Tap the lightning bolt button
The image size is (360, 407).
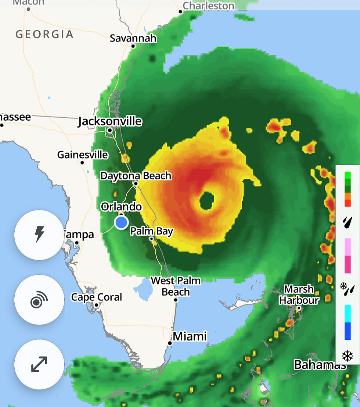click(x=39, y=235)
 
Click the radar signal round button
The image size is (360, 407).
click(x=39, y=300)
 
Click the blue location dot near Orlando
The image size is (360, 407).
click(x=121, y=222)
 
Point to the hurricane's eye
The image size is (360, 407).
click(x=207, y=201)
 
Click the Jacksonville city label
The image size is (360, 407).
click(x=110, y=121)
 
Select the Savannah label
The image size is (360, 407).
click(x=133, y=38)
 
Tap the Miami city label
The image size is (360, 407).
click(x=190, y=336)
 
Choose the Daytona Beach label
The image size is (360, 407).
click(x=136, y=176)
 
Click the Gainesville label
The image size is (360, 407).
click(x=83, y=155)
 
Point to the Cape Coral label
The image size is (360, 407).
click(x=97, y=297)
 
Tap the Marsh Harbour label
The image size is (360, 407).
click(x=299, y=294)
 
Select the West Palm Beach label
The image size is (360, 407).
click(x=176, y=286)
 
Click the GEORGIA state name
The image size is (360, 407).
click(x=44, y=35)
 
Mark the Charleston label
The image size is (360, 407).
click(x=208, y=6)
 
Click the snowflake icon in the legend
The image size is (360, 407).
click(x=347, y=356)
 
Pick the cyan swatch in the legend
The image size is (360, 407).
click(x=347, y=314)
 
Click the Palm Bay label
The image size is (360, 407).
click(x=152, y=231)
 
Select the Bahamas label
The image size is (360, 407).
click(x=320, y=365)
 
